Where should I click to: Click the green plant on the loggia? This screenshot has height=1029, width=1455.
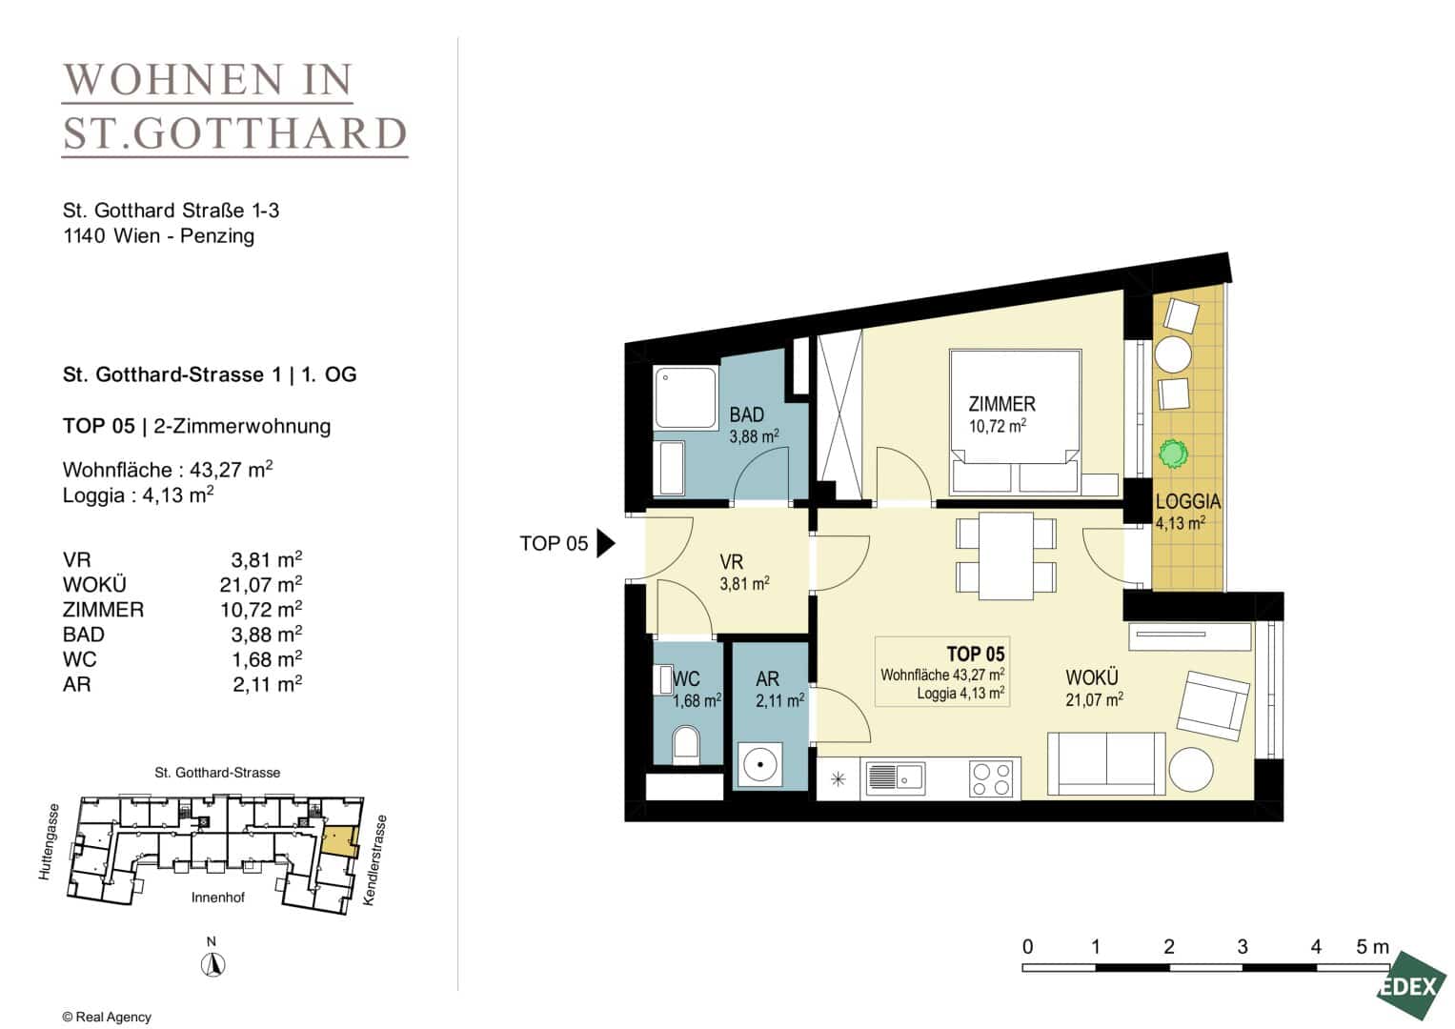point(1172,453)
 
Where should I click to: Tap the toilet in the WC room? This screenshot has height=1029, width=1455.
point(686,743)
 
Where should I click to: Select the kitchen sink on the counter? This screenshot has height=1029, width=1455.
point(893,777)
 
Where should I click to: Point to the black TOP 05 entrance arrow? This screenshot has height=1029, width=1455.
point(605,543)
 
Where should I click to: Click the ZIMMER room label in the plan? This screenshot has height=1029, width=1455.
point(1001,404)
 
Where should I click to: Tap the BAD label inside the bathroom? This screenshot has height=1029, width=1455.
point(746,414)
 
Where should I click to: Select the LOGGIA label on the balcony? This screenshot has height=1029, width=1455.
point(1188,501)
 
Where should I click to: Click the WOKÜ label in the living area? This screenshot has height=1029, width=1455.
point(1092,677)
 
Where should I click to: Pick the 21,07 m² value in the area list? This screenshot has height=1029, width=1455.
point(260,585)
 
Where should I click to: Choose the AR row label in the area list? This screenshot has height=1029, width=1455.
point(76,684)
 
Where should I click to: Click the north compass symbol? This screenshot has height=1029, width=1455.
point(212,964)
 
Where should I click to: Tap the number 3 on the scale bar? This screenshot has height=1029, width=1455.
point(1242,946)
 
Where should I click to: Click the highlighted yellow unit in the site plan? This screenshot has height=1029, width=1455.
point(339,840)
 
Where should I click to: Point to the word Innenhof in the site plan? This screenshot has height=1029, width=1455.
point(217,898)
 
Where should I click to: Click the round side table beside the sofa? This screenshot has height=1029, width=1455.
point(1191,769)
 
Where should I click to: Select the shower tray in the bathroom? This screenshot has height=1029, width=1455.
point(685,397)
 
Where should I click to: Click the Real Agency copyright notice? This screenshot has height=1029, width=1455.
point(107,1017)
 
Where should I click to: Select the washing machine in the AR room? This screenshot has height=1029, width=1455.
point(760,764)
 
